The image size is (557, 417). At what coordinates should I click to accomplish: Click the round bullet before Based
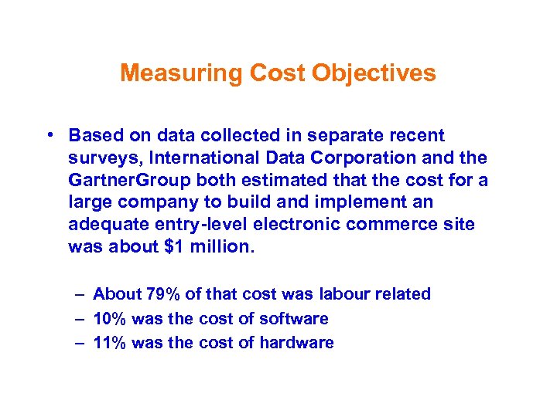50,136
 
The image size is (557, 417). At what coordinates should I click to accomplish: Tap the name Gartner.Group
124,181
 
